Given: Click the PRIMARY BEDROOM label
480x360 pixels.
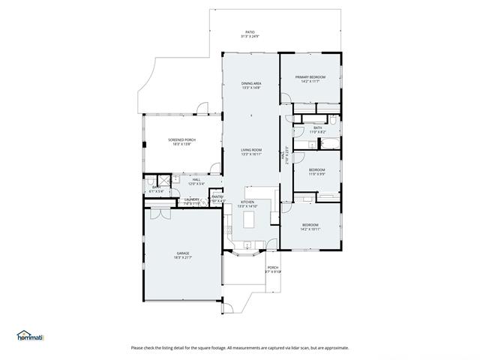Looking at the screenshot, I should pos(310,76).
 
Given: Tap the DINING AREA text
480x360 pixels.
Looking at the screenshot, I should pos(251,83).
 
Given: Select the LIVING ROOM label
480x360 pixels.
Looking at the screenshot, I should pos(251,150).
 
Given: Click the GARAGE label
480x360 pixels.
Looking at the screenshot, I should pos(182,253).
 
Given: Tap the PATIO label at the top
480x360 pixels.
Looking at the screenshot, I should pos(250,32).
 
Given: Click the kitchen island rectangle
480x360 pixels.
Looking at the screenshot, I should pos(250,220).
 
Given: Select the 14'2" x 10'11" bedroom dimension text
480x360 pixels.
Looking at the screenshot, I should pos(310,229).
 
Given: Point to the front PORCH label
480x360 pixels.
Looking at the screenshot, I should pos(273,268).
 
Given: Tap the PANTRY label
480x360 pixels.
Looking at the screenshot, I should pos(217,197).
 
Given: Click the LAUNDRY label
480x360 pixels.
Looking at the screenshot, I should pos(192,199).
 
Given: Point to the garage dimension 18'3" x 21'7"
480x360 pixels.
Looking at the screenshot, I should pos(182,258).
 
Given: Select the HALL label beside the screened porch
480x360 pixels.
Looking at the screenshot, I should pos(196,179).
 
